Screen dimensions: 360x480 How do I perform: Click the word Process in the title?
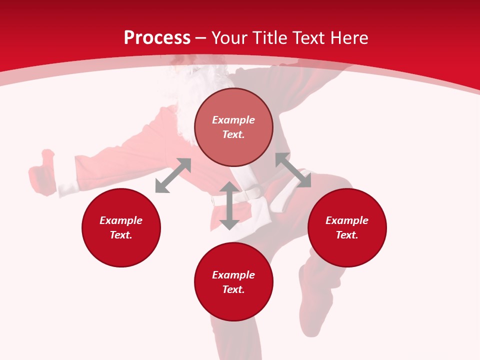tap(157, 38)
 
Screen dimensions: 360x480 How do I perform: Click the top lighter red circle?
tap(233, 127)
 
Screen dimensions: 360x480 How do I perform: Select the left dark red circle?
tap(121, 227)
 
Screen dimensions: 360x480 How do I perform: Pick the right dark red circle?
tap(347, 227)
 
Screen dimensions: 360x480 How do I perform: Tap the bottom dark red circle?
tap(233, 281)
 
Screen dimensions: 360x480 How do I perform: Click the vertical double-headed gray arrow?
tap(229, 205)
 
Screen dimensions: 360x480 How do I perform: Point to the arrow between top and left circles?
tap(173, 175)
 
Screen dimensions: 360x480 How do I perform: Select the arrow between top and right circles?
tap(293, 170)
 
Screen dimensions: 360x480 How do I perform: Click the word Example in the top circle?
tap(233, 120)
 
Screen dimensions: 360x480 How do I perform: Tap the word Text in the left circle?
tap(121, 235)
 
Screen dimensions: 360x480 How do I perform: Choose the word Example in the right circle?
tap(347, 220)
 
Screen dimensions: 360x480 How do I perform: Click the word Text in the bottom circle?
tap(233, 289)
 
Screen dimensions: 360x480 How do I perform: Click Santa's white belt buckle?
tap(254, 192)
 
